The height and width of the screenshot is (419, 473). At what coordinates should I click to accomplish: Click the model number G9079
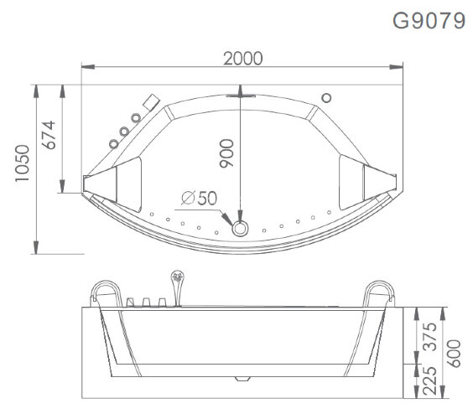429,21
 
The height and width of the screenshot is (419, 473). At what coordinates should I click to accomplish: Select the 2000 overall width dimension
242,58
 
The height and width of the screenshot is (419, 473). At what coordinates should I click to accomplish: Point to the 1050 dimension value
18,168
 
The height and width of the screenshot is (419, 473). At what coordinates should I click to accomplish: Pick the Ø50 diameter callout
199,198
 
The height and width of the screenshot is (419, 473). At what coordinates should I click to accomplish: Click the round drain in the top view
242,226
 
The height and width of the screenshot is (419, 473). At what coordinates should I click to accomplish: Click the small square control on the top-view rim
152,102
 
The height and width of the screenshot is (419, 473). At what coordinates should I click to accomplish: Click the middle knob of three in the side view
144,302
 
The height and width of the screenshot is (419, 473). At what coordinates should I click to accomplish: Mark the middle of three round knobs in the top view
124,131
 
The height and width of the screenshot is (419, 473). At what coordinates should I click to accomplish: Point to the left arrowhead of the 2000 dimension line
85,67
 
